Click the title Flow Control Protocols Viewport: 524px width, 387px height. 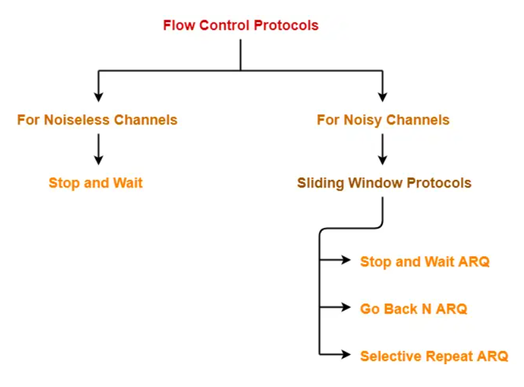(240, 26)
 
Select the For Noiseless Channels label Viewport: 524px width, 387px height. (97, 120)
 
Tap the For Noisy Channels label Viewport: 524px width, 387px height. (383, 120)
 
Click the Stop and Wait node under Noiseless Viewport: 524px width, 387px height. (96, 184)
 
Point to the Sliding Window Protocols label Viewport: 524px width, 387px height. (384, 184)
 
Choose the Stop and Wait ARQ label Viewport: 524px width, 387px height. (424, 261)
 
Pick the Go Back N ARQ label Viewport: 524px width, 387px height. (414, 309)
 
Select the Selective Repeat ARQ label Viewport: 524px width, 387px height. (434, 356)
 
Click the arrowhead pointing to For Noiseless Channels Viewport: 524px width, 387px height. (98, 96)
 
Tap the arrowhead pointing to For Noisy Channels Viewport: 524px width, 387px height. (382, 96)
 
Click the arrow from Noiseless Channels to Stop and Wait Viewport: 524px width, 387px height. (98, 148)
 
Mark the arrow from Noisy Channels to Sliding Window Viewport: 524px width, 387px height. (382, 148)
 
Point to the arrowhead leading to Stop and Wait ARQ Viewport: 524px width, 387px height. (346, 260)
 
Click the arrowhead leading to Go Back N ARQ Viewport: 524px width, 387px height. (346, 307)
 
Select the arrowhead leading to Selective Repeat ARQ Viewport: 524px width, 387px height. (346, 355)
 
